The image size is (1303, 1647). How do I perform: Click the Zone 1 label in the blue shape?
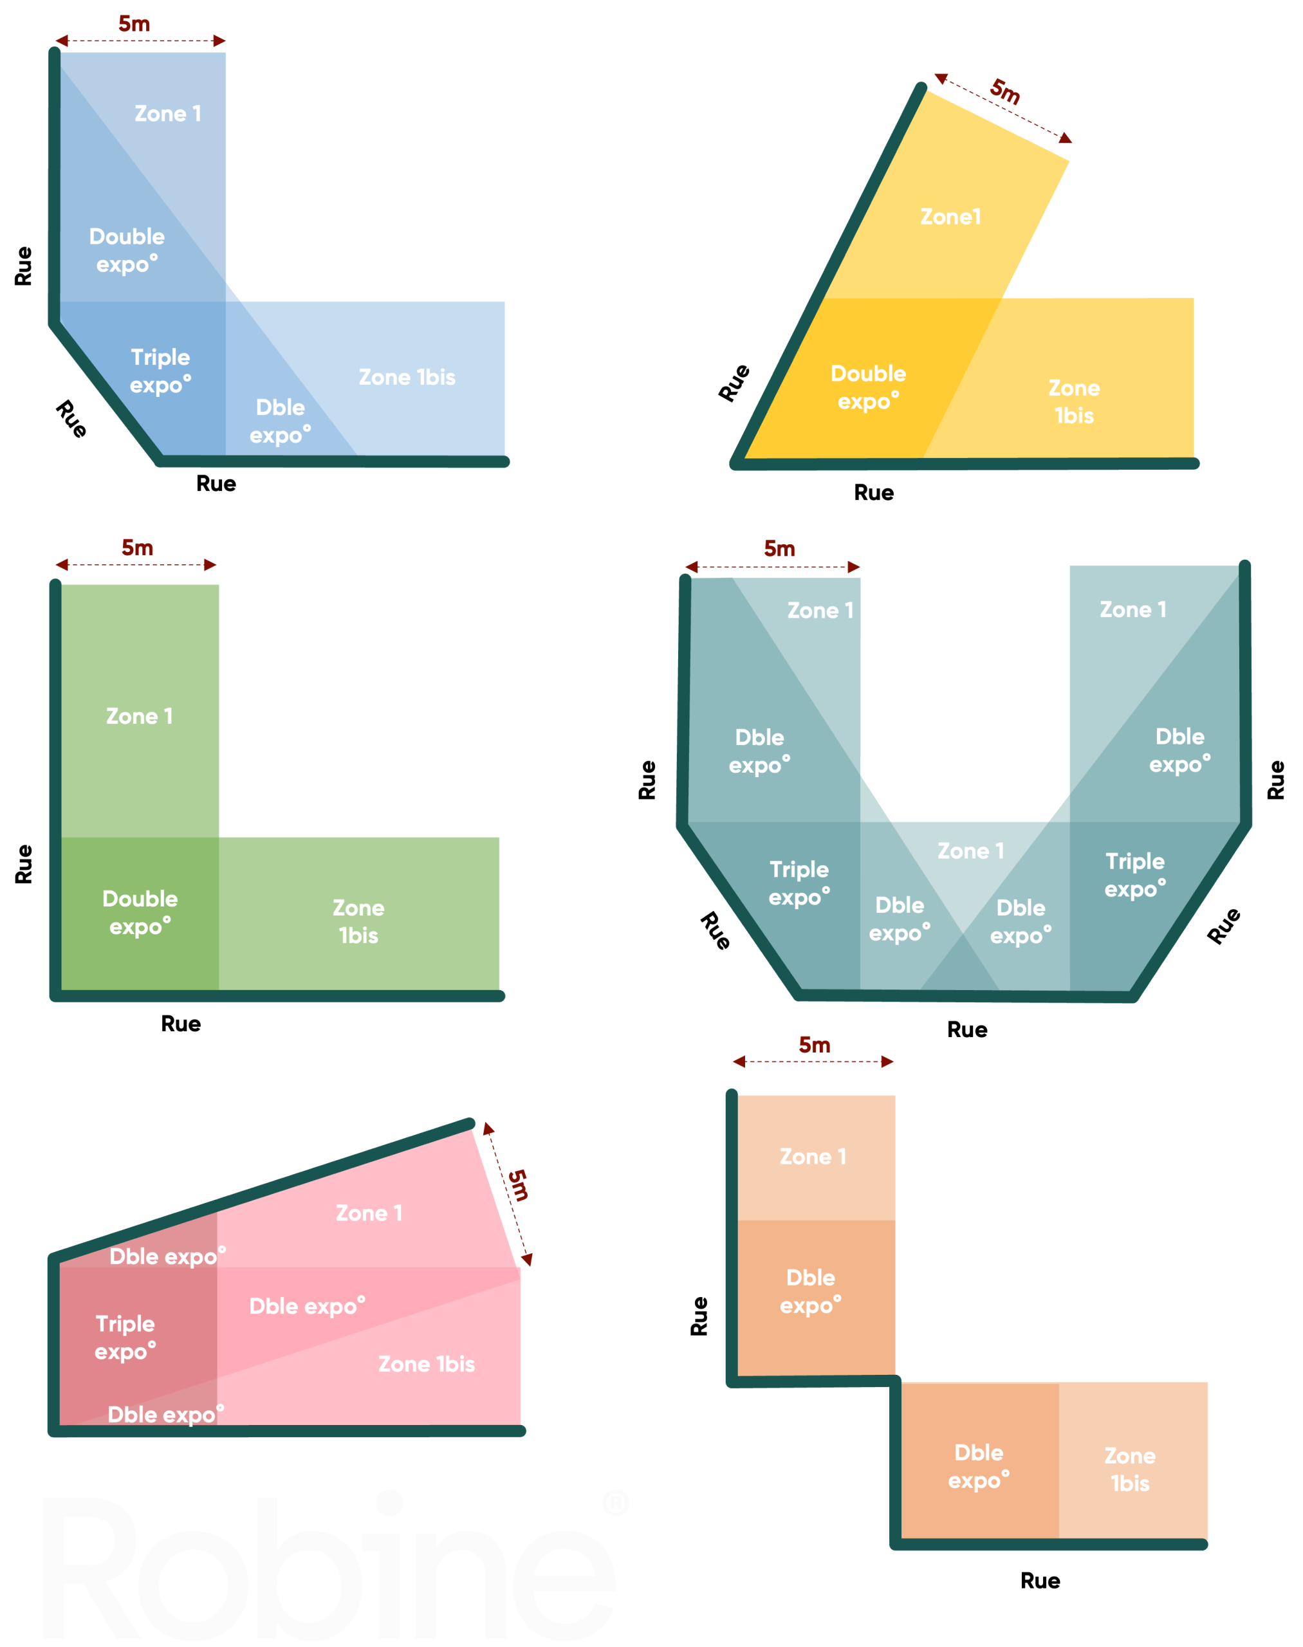click(x=168, y=114)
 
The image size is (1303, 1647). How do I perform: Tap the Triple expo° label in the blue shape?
click(x=160, y=371)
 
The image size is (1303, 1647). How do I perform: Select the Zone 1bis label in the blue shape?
click(x=407, y=377)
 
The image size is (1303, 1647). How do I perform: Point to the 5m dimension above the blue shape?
click(x=134, y=24)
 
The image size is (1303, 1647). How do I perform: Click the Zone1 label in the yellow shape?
click(x=950, y=217)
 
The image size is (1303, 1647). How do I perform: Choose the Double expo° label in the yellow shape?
click(x=868, y=387)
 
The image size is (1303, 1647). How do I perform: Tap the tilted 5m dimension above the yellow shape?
click(x=1006, y=91)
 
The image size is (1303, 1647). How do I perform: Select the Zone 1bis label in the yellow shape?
click(x=1074, y=401)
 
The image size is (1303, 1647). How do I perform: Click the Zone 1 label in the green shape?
click(x=140, y=716)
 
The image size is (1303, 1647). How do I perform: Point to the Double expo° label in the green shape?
click(x=140, y=912)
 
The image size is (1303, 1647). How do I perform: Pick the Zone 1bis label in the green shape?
click(x=358, y=921)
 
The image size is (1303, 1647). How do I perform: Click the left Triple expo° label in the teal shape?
click(x=799, y=883)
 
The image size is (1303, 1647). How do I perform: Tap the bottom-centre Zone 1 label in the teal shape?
click(x=970, y=851)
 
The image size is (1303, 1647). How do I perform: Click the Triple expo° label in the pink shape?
click(x=125, y=1338)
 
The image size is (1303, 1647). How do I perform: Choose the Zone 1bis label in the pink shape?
click(x=427, y=1364)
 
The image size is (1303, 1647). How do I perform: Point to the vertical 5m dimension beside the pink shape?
click(x=518, y=1184)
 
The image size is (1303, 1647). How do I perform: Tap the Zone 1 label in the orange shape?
click(x=813, y=1157)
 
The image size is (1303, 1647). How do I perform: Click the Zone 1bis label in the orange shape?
click(x=1130, y=1469)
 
